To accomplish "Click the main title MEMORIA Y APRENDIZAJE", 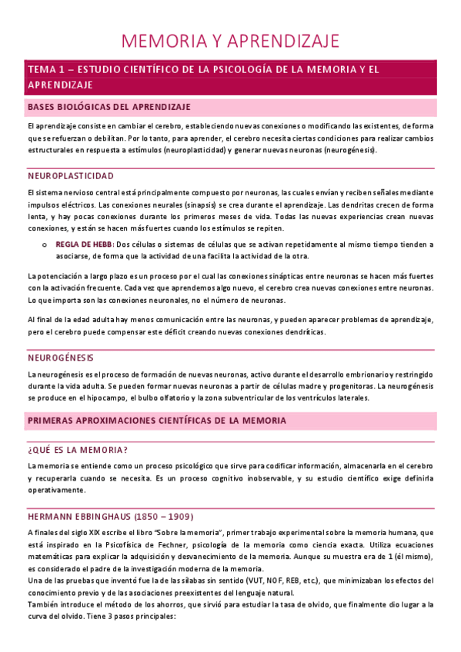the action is [231, 40].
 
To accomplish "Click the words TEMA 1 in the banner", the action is [47, 69].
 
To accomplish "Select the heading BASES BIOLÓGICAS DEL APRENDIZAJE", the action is [109, 106].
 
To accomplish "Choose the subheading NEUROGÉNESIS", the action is [60, 358].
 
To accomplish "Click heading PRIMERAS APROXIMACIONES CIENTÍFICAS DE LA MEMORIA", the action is [156, 421].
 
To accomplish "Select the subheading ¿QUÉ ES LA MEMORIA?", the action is [77, 449].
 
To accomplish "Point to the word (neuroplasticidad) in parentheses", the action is [195, 150].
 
